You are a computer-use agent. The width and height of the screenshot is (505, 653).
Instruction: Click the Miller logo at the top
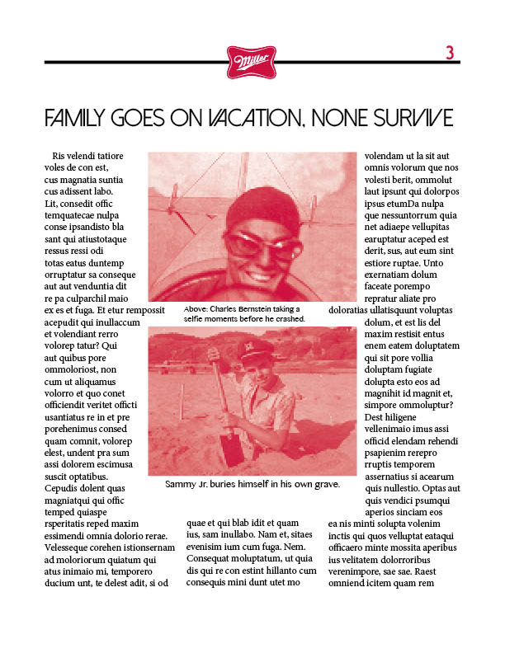point(251,62)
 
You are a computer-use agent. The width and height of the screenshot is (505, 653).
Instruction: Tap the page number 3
point(450,53)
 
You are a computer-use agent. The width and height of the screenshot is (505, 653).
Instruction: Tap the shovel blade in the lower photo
point(232,449)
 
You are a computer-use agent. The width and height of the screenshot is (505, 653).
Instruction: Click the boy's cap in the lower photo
point(255,351)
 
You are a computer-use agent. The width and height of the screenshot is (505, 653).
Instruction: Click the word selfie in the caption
point(196,318)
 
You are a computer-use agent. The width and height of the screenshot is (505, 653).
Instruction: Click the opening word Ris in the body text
point(59,156)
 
